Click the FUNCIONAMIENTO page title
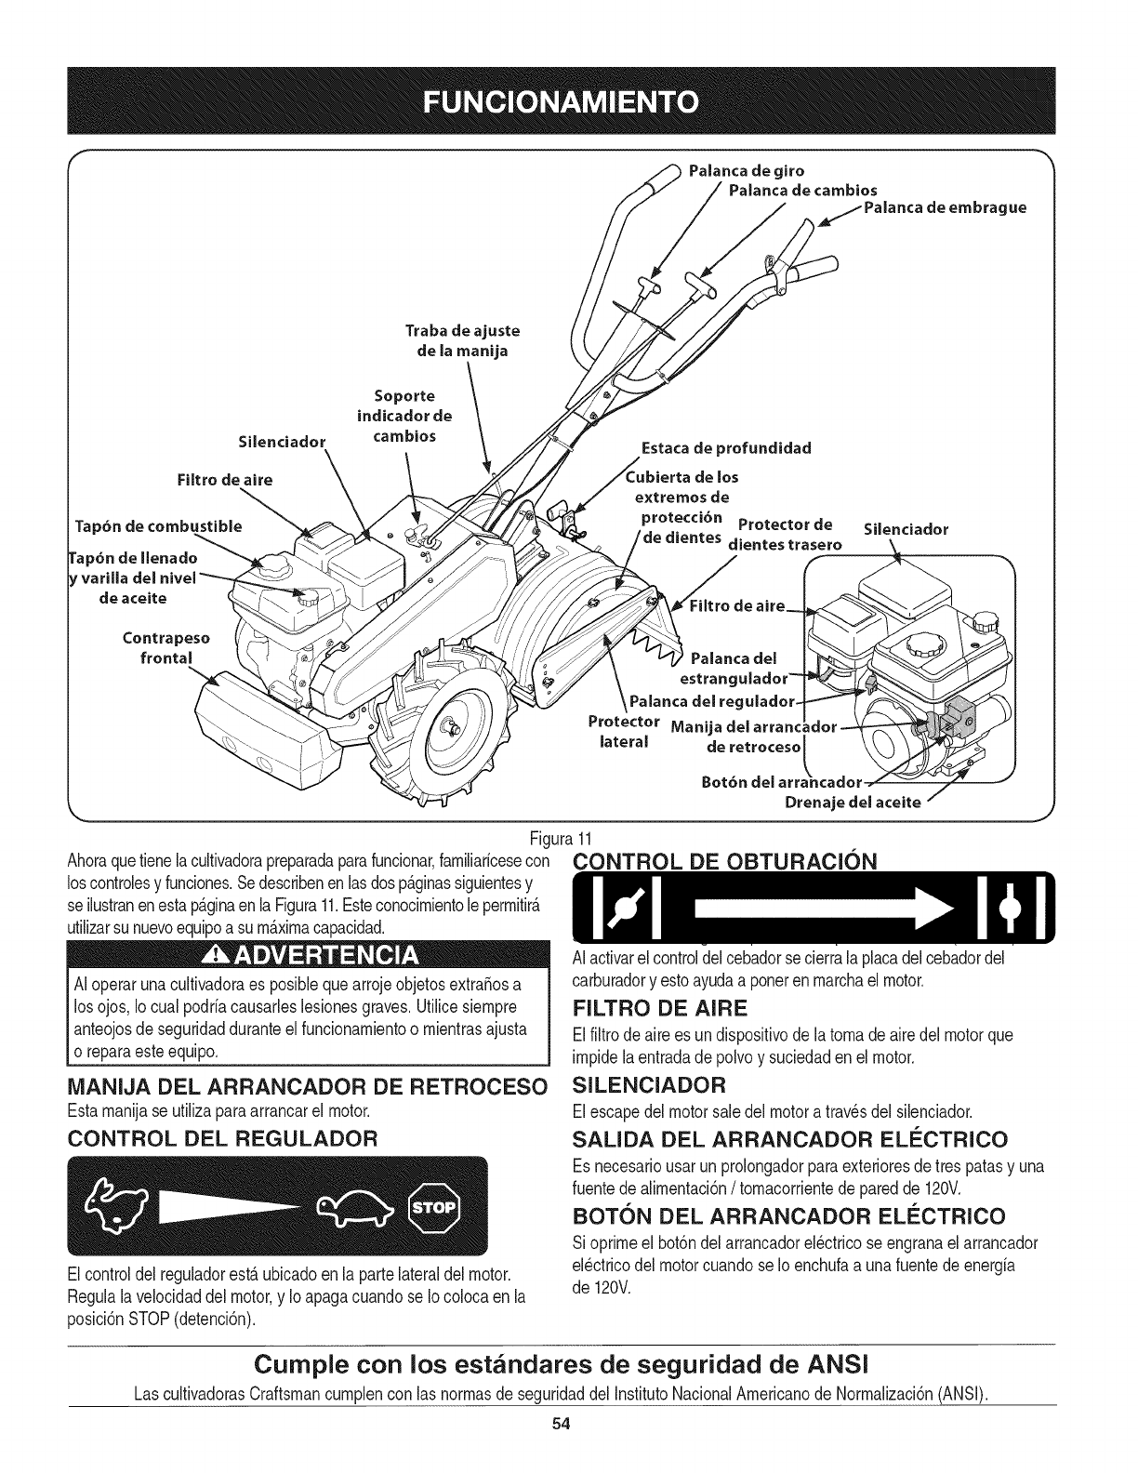click(568, 101)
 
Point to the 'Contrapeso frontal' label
click(166, 648)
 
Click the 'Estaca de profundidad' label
click(726, 448)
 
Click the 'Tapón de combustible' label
click(156, 526)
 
